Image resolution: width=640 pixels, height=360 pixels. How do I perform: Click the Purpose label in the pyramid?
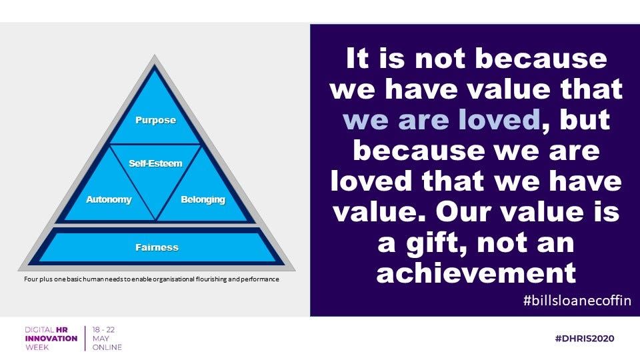[155, 121]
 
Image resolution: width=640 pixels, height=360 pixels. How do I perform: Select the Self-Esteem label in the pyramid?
[155, 163]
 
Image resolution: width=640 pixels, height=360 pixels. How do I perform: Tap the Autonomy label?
[109, 199]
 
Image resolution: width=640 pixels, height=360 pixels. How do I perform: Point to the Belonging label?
[203, 199]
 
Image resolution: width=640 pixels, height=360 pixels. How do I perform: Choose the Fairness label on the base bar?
[157, 247]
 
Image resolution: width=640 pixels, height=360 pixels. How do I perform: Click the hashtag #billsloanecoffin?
[577, 301]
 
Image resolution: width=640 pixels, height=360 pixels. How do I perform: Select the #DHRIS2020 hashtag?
[585, 339]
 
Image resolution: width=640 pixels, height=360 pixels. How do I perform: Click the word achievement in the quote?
[476, 273]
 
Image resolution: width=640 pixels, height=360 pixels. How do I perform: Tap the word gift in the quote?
[436, 243]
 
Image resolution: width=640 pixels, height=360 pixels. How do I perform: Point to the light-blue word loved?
[499, 119]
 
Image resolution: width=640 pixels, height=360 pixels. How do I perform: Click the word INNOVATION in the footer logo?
[51, 339]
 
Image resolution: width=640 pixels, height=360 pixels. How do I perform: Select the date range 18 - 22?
[103, 329]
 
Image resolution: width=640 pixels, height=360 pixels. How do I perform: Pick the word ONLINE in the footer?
[107, 347]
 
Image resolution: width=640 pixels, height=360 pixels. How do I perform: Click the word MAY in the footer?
[101, 339]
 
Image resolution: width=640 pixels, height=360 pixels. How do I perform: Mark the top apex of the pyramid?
[154, 55]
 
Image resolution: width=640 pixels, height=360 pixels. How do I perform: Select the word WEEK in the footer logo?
[37, 347]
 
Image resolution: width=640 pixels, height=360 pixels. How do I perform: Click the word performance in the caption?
[259, 279]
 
